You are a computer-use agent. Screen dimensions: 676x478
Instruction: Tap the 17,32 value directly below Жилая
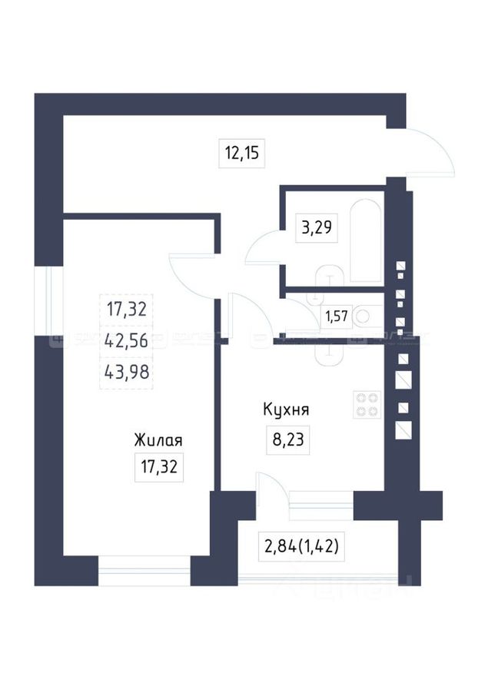pos(159,466)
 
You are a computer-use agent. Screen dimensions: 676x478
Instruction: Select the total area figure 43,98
pos(125,373)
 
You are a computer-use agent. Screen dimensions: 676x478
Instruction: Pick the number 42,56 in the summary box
pos(125,342)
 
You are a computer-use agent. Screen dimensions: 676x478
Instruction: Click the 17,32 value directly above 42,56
pos(125,310)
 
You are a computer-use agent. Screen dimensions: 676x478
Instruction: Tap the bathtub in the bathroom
pos(365,239)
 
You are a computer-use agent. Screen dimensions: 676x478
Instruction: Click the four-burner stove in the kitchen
pos(367,404)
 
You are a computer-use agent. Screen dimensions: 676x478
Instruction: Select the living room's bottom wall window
pos(144,572)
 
